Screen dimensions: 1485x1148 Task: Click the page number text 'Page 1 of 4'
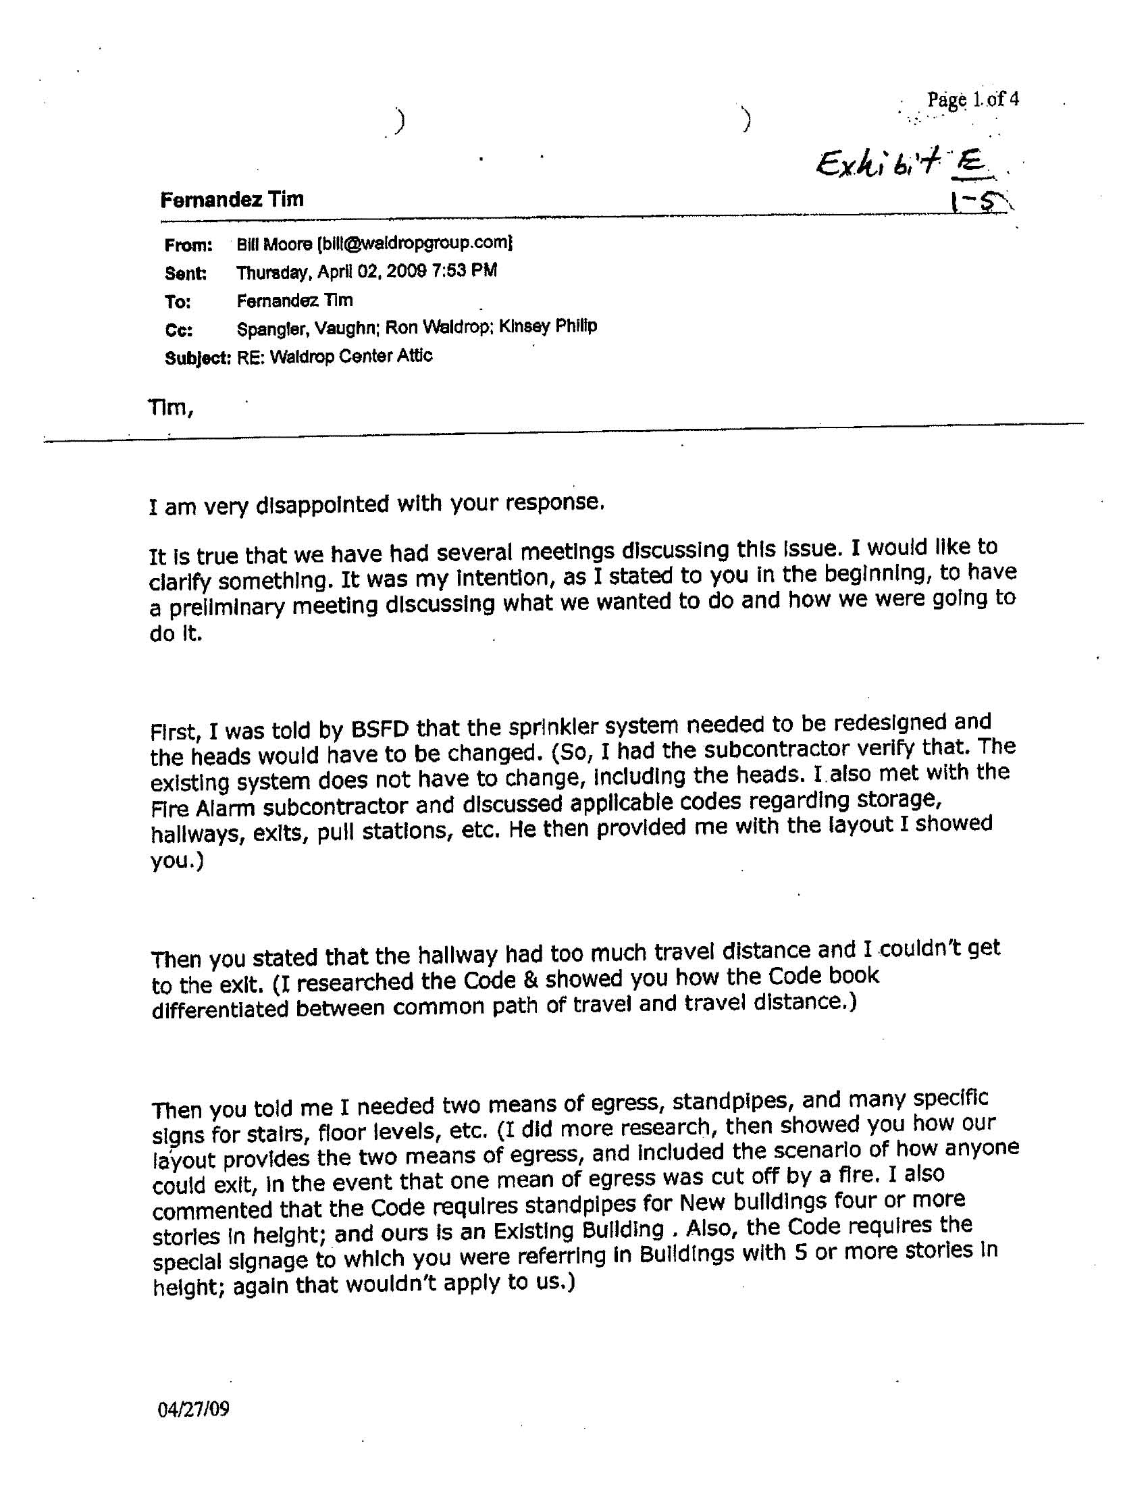(972, 100)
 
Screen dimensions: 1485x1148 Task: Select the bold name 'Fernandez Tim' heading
(232, 200)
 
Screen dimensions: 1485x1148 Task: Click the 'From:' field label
(188, 244)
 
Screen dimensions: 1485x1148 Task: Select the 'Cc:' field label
(179, 330)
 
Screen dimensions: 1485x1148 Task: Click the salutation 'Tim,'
(171, 408)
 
